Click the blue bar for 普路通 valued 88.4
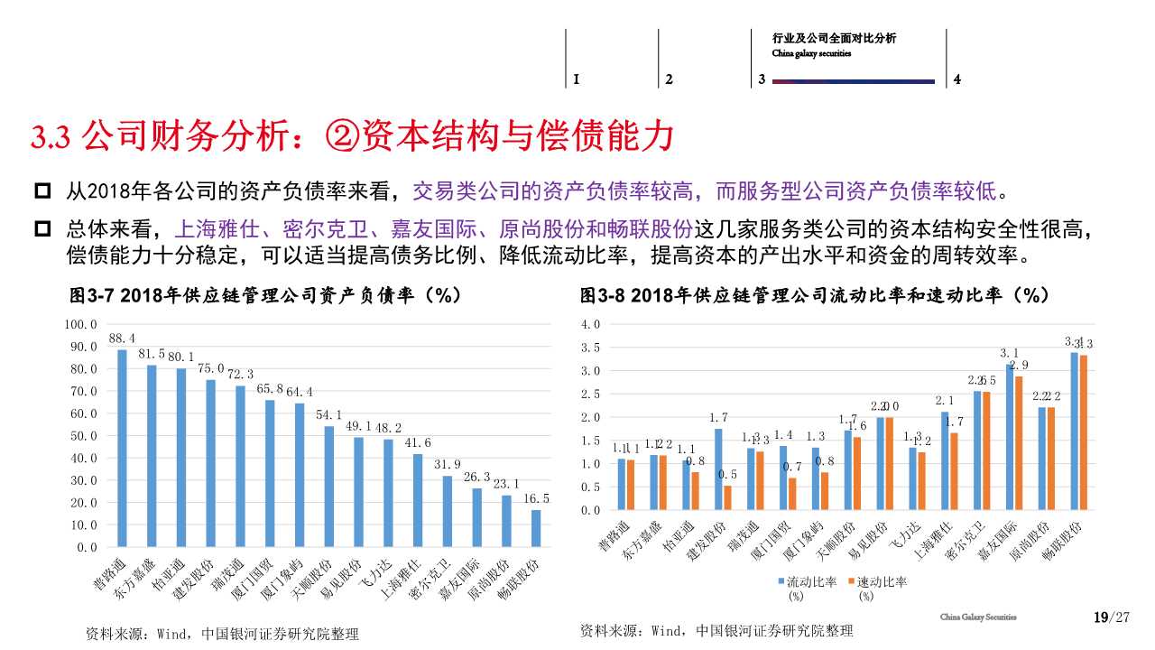tap(123, 448)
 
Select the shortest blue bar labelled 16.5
tap(536, 528)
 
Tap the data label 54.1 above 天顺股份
tap(328, 414)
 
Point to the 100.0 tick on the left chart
tap(81, 324)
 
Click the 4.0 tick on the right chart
tap(590, 324)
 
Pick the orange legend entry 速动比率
tap(876, 581)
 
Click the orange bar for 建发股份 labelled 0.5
tap(727, 497)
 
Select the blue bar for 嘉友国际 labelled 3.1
tap(1010, 437)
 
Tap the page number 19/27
tap(1111, 617)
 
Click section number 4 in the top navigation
tap(957, 79)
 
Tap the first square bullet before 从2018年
tap(42, 191)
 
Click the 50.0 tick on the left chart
tap(81, 436)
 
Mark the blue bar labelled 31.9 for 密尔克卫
tap(448, 511)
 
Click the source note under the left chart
tap(221, 634)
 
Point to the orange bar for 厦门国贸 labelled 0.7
tap(792, 494)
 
